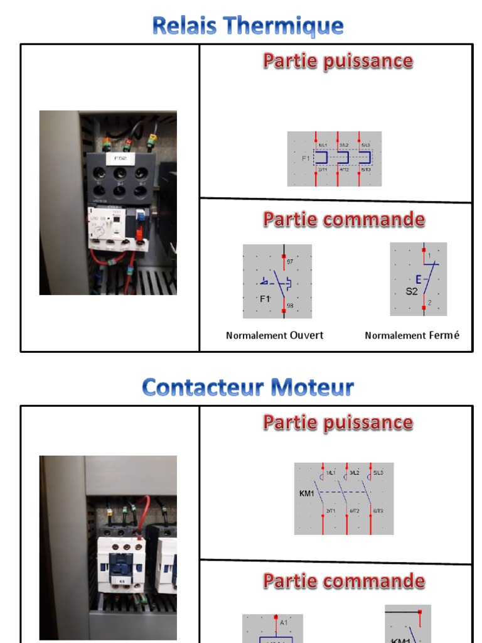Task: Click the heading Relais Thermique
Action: click(x=248, y=26)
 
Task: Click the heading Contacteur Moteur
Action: click(x=248, y=387)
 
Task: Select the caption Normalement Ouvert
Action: click(x=274, y=335)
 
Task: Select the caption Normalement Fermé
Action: click(x=412, y=335)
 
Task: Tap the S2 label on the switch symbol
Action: click(x=411, y=291)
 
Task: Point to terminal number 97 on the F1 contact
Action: click(x=289, y=261)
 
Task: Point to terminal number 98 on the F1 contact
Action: click(x=289, y=306)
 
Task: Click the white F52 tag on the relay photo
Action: click(x=120, y=159)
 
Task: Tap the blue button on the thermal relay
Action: click(x=140, y=215)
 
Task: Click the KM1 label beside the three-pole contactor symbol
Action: click(x=307, y=494)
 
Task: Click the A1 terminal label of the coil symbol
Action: click(x=284, y=622)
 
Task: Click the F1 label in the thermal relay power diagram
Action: click(x=306, y=159)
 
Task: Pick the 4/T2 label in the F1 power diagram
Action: click(x=345, y=170)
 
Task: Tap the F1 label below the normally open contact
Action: click(x=265, y=299)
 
